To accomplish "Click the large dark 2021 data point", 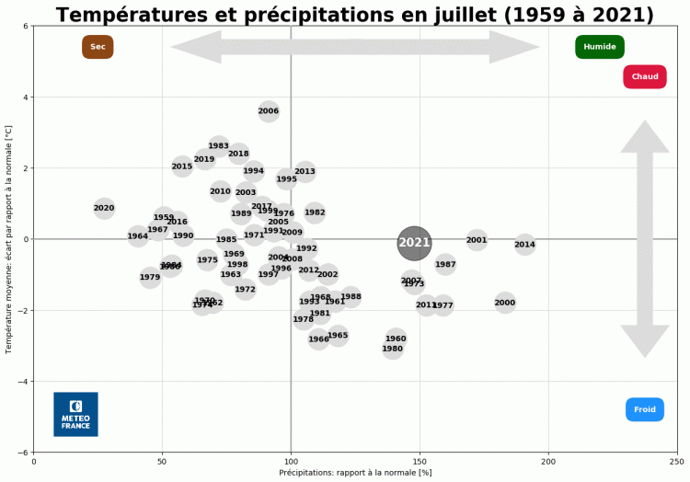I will (x=414, y=243).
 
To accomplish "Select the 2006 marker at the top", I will (x=269, y=111).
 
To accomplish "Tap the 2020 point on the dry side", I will (x=104, y=208).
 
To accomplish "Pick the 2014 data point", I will (x=524, y=244).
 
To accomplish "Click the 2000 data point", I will (x=505, y=303).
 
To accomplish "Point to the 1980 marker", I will (x=393, y=350).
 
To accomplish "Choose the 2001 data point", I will (x=477, y=241).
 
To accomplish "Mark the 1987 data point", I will (x=445, y=265).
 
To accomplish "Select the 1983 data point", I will (x=218, y=146).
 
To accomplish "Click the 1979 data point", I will (x=150, y=277).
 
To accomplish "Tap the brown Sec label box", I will (x=98, y=47).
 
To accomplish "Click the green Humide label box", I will (x=600, y=47).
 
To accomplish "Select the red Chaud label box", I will (x=645, y=76).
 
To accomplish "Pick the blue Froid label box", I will (x=645, y=409).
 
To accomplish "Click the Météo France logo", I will (x=75, y=414).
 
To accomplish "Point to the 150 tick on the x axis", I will (x=420, y=462).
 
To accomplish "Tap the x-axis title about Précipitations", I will (x=355, y=473).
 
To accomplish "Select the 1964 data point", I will (x=138, y=236).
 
